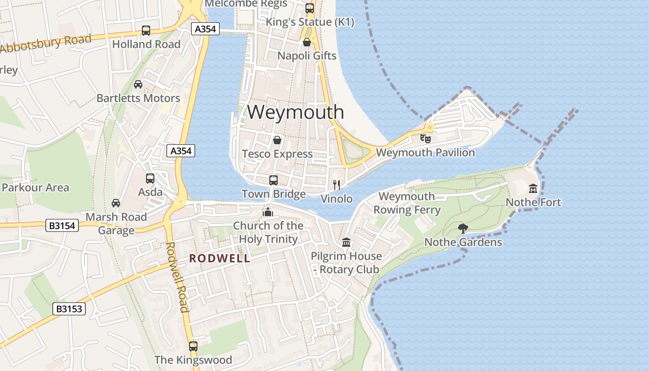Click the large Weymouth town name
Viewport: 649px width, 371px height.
pos(295,112)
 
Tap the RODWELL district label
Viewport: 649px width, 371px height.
pos(219,259)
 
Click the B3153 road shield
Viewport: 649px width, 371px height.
pos(69,309)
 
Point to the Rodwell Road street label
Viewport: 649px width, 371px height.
pos(178,277)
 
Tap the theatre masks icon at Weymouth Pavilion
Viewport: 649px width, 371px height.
pos(425,138)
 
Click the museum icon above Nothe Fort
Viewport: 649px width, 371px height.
pos(533,188)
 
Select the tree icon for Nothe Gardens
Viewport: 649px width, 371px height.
pos(463,228)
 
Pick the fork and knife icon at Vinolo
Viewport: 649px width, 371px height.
pos(337,185)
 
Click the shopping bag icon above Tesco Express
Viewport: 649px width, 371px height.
pos(277,140)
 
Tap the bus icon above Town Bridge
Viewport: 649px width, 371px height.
pos(274,180)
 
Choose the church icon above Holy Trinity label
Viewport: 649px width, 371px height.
pos(267,212)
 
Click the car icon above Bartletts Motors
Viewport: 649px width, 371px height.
pos(138,84)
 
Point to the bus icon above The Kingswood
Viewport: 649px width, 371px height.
pos(193,346)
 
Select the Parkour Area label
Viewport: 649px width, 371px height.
pos(35,188)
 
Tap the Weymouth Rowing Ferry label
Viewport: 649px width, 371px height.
pos(407,203)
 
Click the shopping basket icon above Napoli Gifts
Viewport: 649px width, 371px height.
pos(306,42)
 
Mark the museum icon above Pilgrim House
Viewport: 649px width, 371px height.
pos(346,242)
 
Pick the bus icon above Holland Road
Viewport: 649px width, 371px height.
pos(146,31)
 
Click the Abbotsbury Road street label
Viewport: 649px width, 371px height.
pos(46,45)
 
